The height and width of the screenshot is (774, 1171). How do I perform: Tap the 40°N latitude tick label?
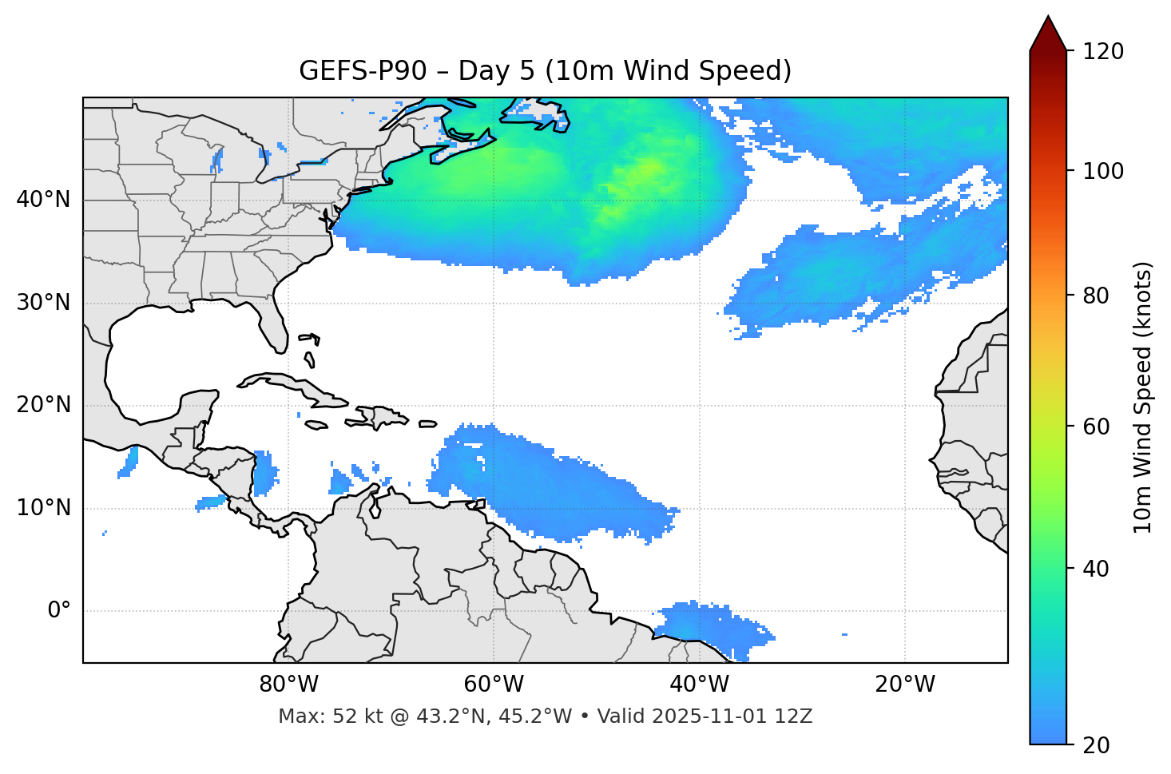pos(43,200)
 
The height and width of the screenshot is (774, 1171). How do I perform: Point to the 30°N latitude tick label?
pos(43,303)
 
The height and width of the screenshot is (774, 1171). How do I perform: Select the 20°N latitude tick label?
pos(43,405)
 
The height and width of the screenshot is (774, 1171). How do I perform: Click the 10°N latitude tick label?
pos(43,508)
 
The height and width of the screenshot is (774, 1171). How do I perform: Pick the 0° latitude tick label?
pos(59,611)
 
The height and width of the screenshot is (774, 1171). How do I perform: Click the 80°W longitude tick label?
pos(288,685)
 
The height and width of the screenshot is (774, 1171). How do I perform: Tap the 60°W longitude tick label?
pos(494,685)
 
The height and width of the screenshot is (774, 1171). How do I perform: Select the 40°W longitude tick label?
pos(699,685)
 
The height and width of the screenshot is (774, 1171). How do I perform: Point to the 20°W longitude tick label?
pos(904,685)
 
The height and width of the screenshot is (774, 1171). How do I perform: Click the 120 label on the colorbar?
pos(1103,52)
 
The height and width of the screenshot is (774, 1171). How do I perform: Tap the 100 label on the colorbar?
pos(1103,171)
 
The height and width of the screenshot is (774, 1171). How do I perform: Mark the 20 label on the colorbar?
pos(1096,745)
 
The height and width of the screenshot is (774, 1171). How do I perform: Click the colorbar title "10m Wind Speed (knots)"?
pos(1143,397)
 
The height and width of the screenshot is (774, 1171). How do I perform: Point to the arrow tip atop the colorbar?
pos(1048,18)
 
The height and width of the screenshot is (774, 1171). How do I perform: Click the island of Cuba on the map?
pos(296,387)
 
